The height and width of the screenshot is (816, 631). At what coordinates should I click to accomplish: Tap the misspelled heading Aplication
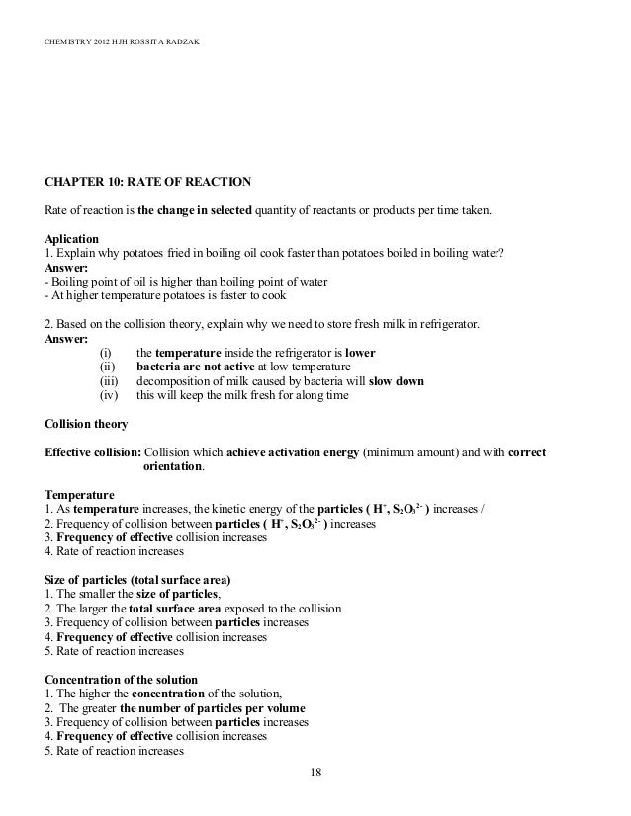click(71, 238)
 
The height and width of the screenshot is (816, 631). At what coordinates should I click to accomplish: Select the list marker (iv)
click(108, 396)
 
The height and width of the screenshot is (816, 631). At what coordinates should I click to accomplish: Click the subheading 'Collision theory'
click(87, 425)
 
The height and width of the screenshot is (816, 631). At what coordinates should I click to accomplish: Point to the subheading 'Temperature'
click(80, 494)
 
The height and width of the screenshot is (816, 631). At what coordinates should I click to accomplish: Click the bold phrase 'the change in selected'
click(195, 210)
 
